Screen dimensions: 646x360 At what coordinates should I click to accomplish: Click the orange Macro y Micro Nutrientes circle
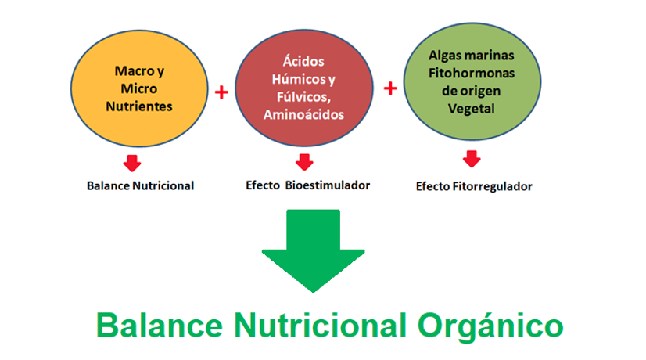[139, 88]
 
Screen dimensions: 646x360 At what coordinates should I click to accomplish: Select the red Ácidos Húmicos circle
[304, 88]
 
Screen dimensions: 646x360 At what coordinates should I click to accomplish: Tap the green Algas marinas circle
[472, 81]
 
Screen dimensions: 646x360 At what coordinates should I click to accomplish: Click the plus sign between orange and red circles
[221, 92]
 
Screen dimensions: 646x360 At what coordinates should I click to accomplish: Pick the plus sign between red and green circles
[390, 88]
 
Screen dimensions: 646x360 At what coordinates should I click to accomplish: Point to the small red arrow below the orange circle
[132, 164]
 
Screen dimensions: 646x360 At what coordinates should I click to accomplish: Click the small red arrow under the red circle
[304, 162]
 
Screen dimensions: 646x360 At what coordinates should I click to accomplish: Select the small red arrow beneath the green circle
[472, 159]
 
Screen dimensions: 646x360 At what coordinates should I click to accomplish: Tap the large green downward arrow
[313, 250]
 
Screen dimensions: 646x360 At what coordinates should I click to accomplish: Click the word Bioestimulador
[328, 185]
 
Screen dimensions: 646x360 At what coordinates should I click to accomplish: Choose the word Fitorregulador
[493, 186]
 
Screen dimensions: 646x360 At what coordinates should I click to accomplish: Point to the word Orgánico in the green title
[490, 326]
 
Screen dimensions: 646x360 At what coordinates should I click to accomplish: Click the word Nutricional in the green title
[321, 326]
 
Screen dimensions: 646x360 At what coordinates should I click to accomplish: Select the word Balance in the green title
[160, 326]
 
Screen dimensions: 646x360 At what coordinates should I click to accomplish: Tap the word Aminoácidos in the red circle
[304, 114]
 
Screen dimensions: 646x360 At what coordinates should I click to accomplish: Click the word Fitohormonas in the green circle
[472, 74]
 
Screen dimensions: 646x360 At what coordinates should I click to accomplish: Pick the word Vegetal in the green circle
[472, 109]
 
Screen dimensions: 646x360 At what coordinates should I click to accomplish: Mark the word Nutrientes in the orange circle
[139, 106]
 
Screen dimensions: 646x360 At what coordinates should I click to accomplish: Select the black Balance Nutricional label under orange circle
[141, 186]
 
